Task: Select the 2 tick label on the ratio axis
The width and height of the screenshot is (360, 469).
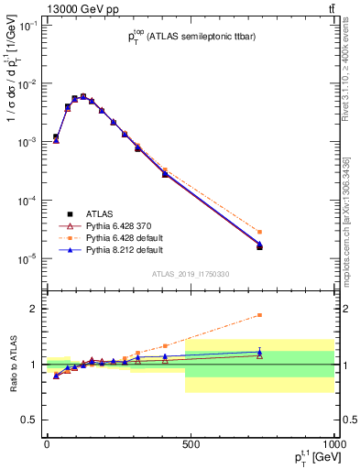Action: (34, 309)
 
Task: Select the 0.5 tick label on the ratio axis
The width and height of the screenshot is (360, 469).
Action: (30, 420)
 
